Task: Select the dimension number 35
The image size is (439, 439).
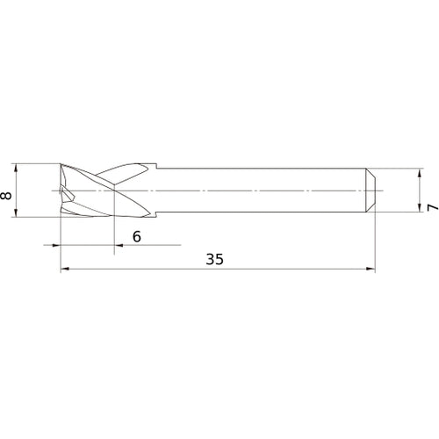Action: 215,259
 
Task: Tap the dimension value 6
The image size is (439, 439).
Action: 136,236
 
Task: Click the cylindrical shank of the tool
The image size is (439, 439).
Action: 263,190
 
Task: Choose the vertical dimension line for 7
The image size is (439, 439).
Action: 420,190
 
